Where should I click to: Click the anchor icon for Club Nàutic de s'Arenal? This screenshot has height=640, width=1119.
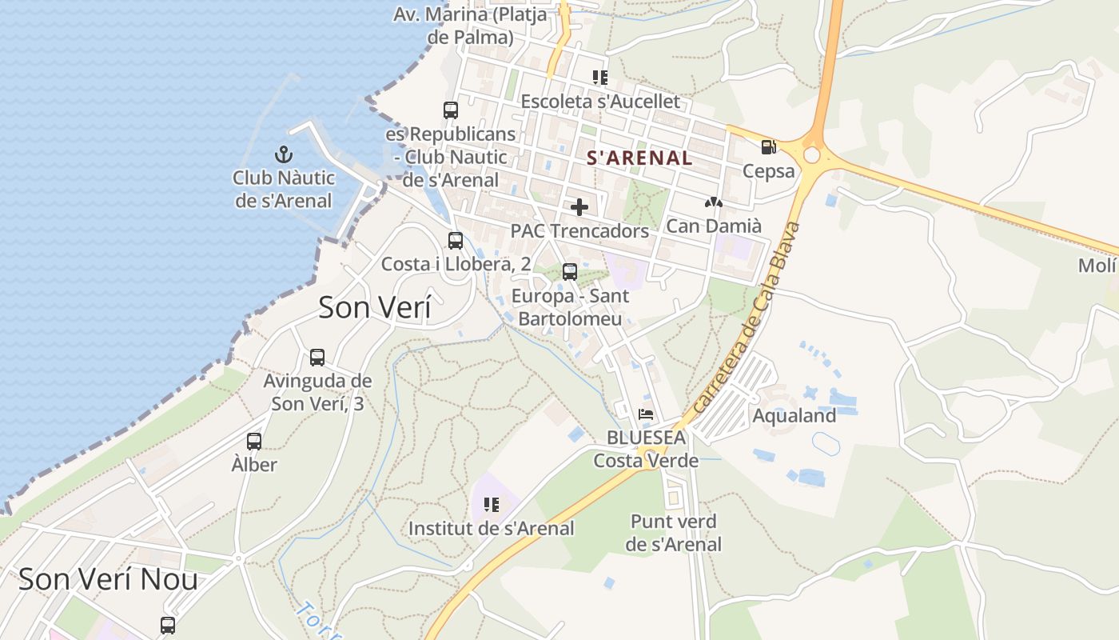282,154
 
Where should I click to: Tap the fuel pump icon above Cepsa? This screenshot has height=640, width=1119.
768,146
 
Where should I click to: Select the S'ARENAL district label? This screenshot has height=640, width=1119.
639,158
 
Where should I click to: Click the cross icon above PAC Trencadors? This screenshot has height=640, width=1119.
579,207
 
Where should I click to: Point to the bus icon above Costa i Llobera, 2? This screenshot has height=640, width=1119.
456,240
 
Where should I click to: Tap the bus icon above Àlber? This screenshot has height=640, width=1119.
254,441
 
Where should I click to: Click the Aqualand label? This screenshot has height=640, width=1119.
794,415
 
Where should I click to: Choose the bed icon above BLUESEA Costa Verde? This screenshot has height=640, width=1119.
646,414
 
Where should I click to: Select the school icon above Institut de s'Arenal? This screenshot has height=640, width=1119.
492,505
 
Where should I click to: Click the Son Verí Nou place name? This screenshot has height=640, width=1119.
108,578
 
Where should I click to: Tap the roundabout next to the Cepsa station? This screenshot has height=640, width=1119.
813,154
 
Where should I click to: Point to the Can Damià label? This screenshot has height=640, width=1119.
714,226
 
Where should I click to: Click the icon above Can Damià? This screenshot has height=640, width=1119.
713,203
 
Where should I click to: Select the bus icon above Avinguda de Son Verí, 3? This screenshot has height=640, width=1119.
317,358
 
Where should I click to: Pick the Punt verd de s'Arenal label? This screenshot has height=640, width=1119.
673,533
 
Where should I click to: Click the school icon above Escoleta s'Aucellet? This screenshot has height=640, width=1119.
600,78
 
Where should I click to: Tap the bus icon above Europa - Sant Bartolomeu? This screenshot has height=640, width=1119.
570,272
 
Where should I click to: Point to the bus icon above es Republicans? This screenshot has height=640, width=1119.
451,110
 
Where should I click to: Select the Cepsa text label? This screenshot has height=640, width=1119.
769,170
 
